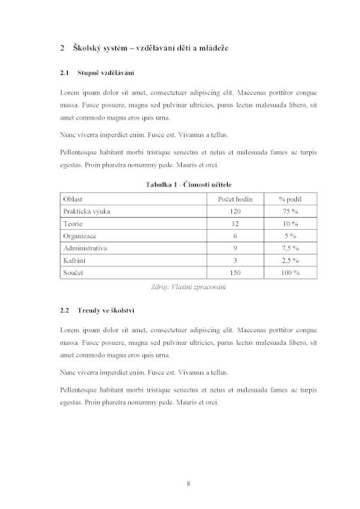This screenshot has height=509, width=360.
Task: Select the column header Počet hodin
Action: coord(235,199)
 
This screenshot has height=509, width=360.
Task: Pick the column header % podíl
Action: coord(290,199)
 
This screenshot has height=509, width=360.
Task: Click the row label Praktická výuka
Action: coord(86,211)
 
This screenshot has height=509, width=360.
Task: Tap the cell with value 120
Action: coord(235,211)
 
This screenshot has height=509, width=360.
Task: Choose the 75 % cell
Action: coord(290,211)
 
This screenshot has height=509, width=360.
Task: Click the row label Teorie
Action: coord(73,223)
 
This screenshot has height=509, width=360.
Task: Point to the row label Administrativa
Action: coord(85,248)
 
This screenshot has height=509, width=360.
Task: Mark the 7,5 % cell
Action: coord(290,248)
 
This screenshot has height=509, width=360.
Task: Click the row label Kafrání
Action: coord(75,260)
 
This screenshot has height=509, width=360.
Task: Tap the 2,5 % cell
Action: coord(290,260)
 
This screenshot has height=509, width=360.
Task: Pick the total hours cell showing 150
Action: coord(235,272)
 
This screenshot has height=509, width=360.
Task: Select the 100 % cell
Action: coord(290,272)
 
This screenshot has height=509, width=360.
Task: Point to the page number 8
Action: coord(188,484)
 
